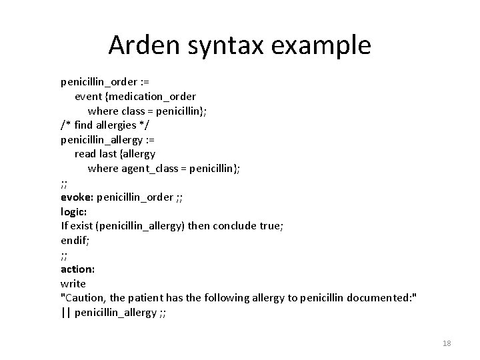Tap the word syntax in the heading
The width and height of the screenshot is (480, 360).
point(221,45)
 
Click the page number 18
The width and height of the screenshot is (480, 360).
point(447,343)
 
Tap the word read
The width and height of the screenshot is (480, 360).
point(85,154)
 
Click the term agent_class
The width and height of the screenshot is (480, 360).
point(148,169)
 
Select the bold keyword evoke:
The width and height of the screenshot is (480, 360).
point(77,197)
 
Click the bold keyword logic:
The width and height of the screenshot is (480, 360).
point(74,212)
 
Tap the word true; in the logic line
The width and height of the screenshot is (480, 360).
point(271,226)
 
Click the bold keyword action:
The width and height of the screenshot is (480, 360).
point(77,269)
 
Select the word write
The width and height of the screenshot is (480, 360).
point(73,284)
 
